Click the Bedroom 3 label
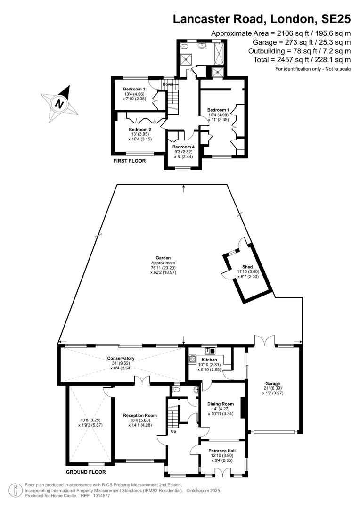(134, 89)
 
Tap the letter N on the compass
(59, 104)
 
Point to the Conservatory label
(121, 358)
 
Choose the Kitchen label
(209, 360)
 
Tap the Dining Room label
(221, 404)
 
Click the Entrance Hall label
(222, 451)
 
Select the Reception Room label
(140, 416)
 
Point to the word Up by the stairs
(174, 431)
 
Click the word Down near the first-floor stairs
(168, 84)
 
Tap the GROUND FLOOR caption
(86, 472)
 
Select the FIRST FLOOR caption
(129, 161)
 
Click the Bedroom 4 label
(183, 147)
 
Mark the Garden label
(163, 258)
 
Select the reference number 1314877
(100, 496)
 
